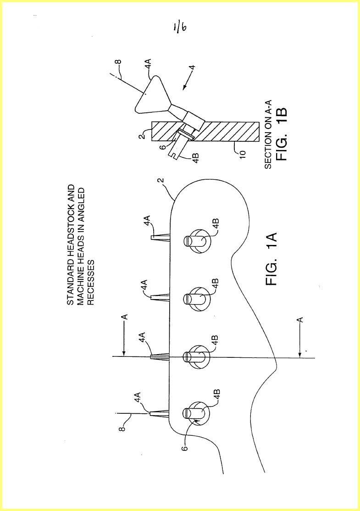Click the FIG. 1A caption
coord(271,259)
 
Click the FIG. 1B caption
coord(282,133)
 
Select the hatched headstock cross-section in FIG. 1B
coord(205,132)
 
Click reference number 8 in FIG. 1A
coord(122,428)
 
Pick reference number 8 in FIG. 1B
coord(119,61)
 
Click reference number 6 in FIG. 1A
coord(185,448)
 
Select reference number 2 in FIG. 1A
coord(162,181)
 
